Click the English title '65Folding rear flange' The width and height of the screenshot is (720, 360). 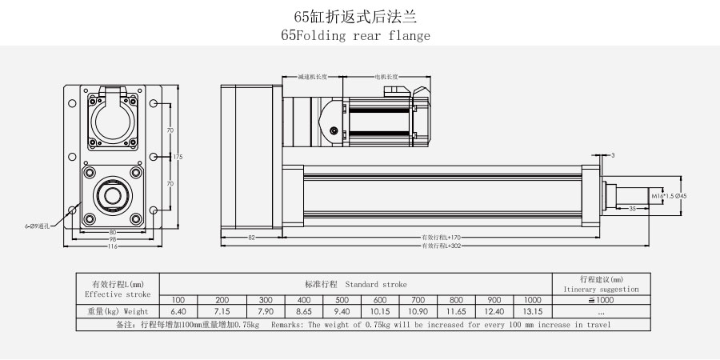355,35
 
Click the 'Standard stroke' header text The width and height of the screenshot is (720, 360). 375,284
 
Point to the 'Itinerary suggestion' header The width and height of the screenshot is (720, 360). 600,290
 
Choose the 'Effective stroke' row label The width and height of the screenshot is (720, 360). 117,294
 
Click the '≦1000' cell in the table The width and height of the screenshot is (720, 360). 600,299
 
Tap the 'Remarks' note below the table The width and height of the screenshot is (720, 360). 440,325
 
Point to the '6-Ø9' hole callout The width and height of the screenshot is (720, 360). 37,226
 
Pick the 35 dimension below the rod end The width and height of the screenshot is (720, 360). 632,208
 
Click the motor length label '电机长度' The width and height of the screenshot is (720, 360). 387,77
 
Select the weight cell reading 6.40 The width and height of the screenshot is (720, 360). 178,310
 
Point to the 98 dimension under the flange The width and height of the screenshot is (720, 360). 112,240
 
